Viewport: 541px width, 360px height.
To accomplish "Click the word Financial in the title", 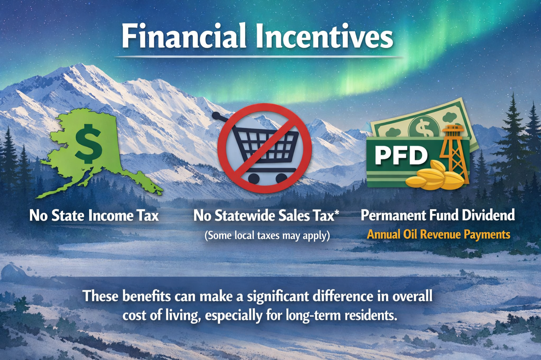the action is pos(184,36).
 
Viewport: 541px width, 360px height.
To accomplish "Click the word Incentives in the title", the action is pos(324,36).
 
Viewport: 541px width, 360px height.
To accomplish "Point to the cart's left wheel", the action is pos(253,178).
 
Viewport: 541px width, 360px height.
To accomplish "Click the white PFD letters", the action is pos(401,156).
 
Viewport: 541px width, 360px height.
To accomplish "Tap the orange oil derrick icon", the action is pos(454,154).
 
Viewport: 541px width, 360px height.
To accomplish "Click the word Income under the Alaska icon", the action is pos(110,215).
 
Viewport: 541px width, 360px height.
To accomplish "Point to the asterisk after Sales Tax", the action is pos(336,213).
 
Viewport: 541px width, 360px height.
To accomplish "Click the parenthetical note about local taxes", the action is pos(267,236).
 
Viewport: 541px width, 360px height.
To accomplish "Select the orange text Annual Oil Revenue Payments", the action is pos(439,234).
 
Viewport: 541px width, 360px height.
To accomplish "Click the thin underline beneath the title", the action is pos(259,57).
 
